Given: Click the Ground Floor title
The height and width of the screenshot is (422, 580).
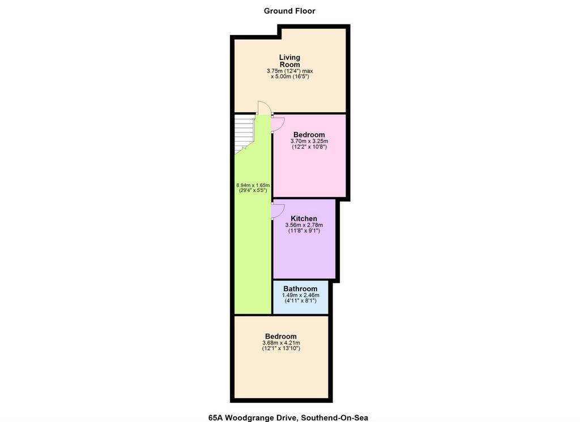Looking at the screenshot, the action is [289, 11].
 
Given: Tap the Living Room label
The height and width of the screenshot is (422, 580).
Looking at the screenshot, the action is [289, 61].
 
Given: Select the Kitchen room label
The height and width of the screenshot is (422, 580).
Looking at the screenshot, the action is [304, 219].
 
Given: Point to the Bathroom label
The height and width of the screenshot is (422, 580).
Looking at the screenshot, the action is [300, 288].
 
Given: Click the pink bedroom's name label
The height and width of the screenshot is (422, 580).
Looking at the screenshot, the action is [309, 135].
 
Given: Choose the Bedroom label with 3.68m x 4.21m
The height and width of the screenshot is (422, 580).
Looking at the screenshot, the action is [281, 336].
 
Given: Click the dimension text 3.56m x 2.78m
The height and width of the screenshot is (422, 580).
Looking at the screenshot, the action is [304, 225].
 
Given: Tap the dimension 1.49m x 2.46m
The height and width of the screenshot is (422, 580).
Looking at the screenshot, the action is [300, 295].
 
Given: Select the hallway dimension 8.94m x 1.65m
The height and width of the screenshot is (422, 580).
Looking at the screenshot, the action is [253, 185].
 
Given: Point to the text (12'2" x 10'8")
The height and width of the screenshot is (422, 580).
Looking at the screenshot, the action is [309, 147].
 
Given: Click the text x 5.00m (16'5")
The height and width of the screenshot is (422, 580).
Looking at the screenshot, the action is [289, 76].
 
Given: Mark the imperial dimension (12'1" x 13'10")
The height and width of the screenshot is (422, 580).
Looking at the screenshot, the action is [281, 348].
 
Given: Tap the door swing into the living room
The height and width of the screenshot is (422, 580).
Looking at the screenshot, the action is [265, 107].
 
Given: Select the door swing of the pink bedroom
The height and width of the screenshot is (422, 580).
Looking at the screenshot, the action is [278, 124].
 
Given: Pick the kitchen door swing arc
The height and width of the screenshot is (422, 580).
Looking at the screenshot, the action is [278, 211].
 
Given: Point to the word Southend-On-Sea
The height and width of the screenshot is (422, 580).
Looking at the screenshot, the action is [334, 418].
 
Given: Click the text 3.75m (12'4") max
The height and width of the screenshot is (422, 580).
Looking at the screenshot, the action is [289, 71].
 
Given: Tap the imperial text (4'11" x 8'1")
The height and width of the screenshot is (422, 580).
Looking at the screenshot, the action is [300, 301].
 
